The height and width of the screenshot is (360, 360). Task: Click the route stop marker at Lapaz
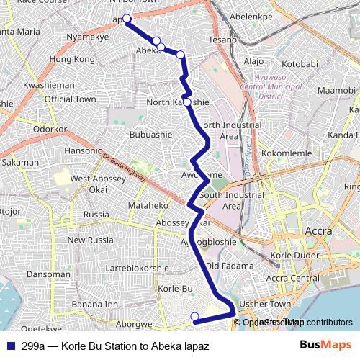point(127,19)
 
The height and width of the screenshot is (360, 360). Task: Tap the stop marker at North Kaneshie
point(187,102)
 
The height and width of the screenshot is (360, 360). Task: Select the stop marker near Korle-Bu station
point(194,316)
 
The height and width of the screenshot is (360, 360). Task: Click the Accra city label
point(318,232)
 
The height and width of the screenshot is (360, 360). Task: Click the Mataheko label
point(148,205)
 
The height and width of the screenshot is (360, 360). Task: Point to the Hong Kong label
point(73,58)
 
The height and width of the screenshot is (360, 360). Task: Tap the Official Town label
point(70,99)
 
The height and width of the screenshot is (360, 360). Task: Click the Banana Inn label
point(94,304)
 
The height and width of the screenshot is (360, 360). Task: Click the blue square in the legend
point(12,345)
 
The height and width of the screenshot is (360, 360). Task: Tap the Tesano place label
point(222,40)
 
